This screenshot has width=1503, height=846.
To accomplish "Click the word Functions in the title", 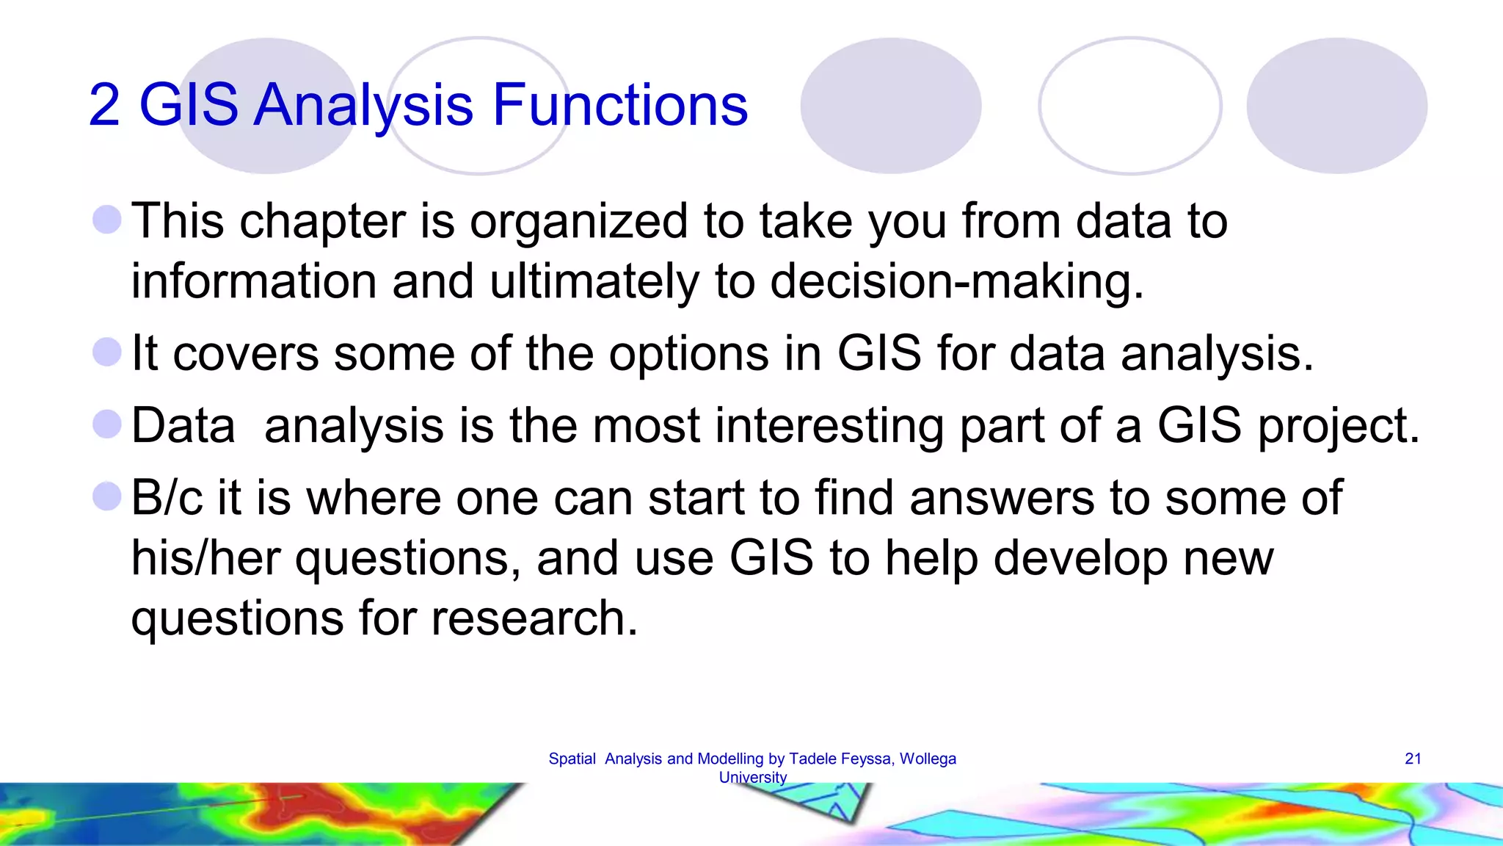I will point(620,105).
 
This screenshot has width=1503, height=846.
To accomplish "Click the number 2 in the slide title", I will point(104,105).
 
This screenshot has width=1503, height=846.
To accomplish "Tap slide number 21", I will point(1413,759).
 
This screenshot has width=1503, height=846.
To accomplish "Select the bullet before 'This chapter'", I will point(107,220).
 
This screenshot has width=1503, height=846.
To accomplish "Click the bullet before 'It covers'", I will point(107,352).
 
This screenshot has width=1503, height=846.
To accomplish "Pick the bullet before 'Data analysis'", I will point(107,424).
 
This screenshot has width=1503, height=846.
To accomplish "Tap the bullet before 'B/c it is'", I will point(107,496).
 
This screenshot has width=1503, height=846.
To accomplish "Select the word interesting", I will point(829,425).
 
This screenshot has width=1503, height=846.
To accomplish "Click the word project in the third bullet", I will point(1338,427).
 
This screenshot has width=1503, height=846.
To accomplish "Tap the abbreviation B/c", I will point(167,498).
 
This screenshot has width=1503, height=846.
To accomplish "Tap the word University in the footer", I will point(752,777).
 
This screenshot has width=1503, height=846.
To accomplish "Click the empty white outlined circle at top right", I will point(1130,106).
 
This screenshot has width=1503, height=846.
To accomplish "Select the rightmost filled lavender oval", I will point(1336,106).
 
